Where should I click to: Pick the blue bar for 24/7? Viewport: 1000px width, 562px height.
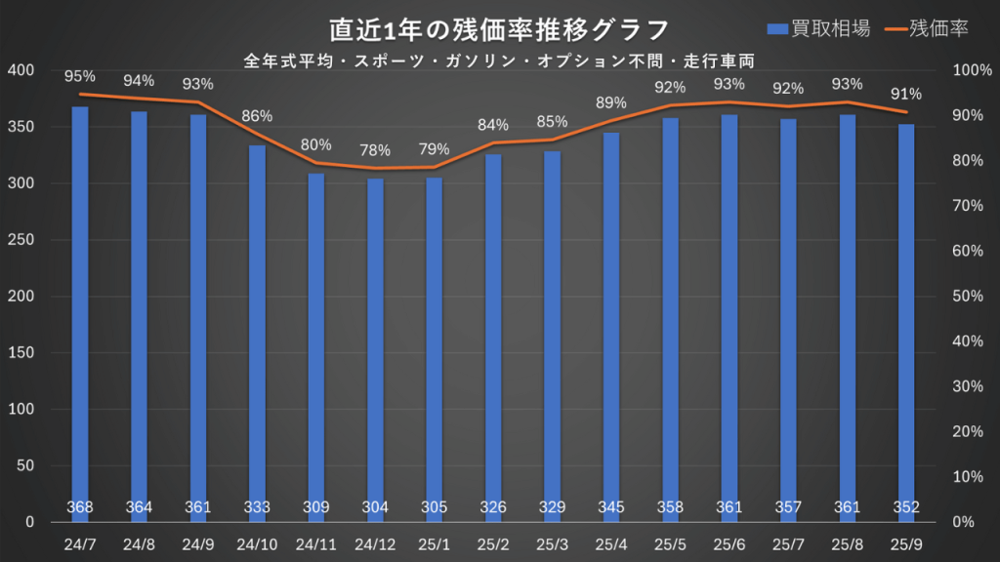click(x=80, y=312)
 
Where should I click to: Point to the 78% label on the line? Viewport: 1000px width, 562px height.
click(x=375, y=150)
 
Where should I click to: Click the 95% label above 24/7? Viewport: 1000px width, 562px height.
click(x=80, y=76)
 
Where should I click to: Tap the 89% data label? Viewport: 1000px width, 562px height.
click(x=611, y=103)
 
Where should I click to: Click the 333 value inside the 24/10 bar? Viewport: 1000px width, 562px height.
click(x=257, y=507)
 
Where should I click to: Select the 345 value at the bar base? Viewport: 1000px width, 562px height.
click(x=611, y=507)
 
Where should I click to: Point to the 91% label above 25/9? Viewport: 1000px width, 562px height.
click(x=906, y=95)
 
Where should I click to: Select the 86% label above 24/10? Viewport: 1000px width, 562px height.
click(x=257, y=116)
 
